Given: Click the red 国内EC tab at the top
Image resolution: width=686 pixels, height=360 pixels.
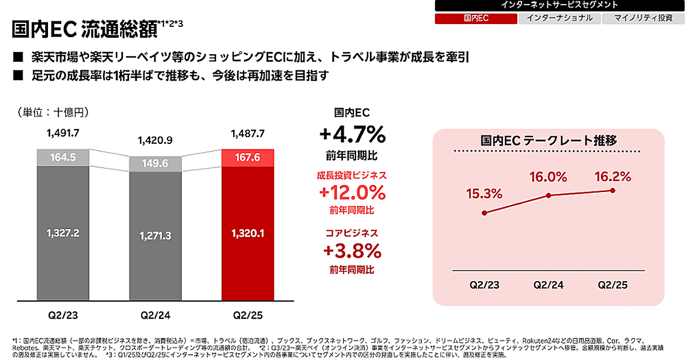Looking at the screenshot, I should point(476,18).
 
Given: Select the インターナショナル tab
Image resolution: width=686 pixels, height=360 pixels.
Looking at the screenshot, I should point(560,18).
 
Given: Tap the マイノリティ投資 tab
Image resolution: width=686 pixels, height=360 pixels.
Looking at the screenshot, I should point(643,18).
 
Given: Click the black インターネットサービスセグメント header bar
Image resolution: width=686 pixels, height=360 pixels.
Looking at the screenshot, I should point(560,5).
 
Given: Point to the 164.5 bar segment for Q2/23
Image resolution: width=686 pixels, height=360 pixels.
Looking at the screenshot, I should point(63,157).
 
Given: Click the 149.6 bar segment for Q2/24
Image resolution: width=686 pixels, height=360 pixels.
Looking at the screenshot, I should point(155,164).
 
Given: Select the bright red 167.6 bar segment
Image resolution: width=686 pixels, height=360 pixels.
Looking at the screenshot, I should point(248,157).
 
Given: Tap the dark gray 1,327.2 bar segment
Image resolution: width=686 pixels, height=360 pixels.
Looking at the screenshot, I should point(63,233).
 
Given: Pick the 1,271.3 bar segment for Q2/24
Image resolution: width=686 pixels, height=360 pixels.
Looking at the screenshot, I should point(155,235).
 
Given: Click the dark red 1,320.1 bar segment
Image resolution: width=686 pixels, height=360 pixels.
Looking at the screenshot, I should point(248,233).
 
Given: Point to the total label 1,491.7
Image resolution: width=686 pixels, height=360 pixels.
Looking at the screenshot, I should point(63,134).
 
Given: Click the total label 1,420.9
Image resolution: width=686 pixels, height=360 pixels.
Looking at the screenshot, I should point(155,140).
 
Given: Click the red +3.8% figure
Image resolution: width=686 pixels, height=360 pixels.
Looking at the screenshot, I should point(352,250).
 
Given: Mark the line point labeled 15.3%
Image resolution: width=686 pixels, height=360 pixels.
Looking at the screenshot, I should point(485,213).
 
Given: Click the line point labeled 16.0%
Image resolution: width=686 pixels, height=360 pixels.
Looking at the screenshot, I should point(549,195).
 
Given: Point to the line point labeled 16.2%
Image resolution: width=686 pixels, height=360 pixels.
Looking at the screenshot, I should point(613,190).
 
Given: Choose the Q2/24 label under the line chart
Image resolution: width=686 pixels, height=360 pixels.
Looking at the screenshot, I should point(549,284).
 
